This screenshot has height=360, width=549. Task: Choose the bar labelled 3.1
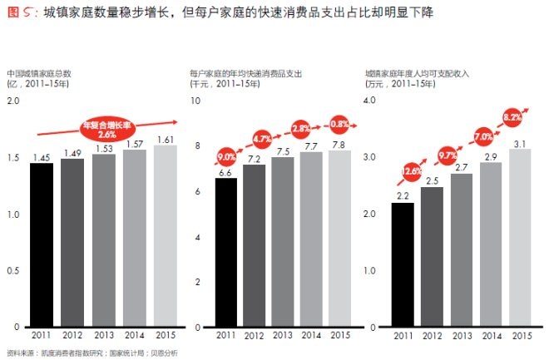519,238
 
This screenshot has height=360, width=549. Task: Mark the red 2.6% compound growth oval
106,129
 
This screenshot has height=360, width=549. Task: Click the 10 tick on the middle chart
196,101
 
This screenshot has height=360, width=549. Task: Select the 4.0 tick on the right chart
371,101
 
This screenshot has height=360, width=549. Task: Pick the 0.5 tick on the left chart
12,270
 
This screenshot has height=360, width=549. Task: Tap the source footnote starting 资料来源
91,353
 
